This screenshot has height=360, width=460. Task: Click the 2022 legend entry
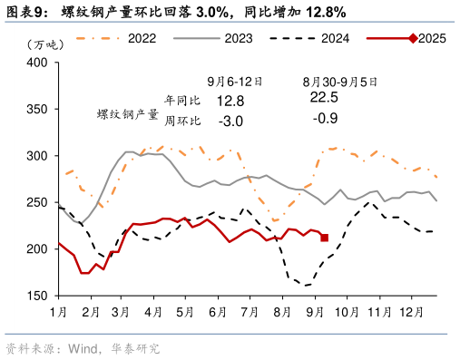click(142, 38)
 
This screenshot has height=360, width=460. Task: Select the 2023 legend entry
click(238, 38)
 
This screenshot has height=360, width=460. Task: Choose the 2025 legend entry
click(432, 38)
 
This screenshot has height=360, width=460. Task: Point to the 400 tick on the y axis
click(36, 63)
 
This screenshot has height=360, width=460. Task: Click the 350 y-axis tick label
click(36, 109)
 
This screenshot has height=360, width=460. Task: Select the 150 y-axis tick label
click(36, 296)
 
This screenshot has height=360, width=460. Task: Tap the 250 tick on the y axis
click(36, 202)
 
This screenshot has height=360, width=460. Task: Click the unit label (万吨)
click(44, 44)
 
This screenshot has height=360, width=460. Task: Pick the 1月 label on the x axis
click(58, 311)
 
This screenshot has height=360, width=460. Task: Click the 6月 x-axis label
click(217, 311)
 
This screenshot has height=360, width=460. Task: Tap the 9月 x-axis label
click(313, 311)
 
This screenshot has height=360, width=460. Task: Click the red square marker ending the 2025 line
click(324, 238)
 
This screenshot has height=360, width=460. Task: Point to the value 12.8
click(231, 99)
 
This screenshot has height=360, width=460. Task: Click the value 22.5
click(324, 97)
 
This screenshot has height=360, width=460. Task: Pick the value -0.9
click(324, 119)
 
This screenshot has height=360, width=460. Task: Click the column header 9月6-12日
click(234, 80)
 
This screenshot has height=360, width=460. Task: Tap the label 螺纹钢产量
click(128, 115)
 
